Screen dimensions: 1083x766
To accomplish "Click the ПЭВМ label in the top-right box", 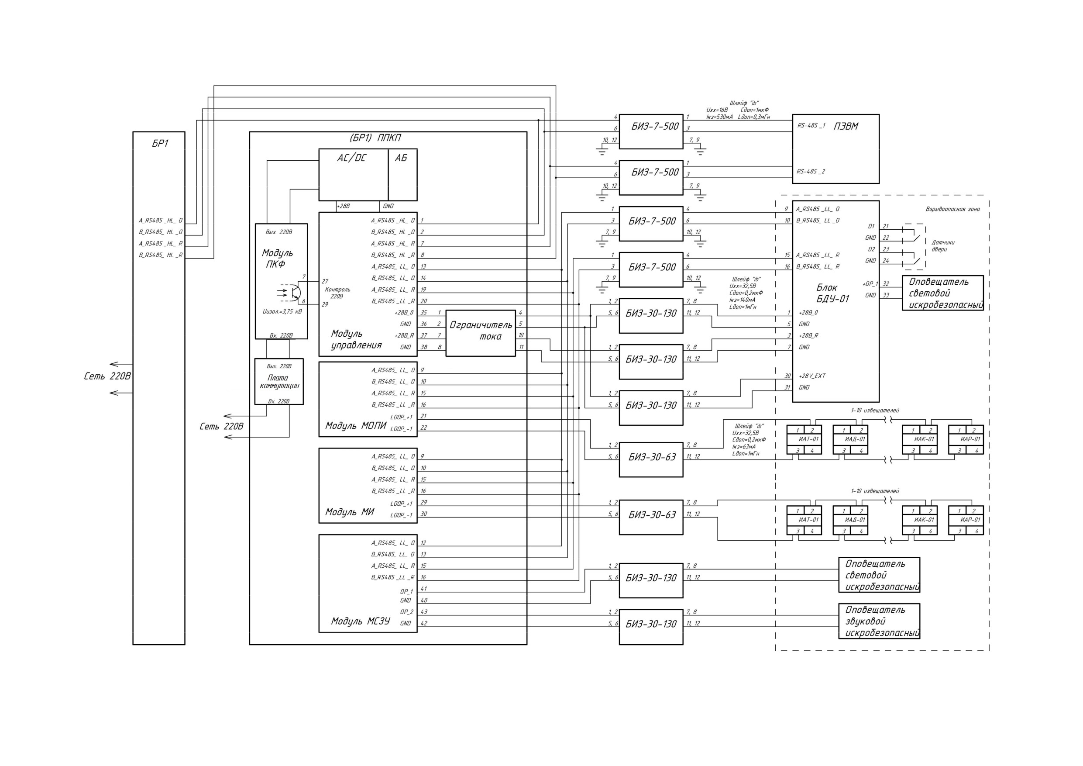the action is [x=846, y=126].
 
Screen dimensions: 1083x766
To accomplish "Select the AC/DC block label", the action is [x=351, y=158].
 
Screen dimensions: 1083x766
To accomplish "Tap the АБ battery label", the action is [x=400, y=158].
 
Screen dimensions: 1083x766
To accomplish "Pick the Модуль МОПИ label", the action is [x=355, y=426].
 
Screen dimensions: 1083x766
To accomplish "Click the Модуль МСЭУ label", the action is [x=361, y=621].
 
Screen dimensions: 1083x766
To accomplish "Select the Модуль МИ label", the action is [x=349, y=512].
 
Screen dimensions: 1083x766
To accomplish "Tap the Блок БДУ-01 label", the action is [x=832, y=293].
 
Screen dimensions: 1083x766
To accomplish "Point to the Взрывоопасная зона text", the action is [x=952, y=209].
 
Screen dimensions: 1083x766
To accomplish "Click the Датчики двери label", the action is [x=942, y=246].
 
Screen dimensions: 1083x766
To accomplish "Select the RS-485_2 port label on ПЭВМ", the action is [x=811, y=171].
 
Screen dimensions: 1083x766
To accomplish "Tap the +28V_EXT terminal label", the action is [x=812, y=376].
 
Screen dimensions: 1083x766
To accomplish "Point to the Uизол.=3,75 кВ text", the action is [x=282, y=311].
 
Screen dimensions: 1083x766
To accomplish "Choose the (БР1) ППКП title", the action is [x=375, y=138].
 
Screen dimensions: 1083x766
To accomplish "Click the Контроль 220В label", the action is [x=337, y=293].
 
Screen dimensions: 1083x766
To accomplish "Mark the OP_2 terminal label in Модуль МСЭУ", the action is [x=406, y=612].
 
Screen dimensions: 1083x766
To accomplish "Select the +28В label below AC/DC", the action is [x=344, y=206].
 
